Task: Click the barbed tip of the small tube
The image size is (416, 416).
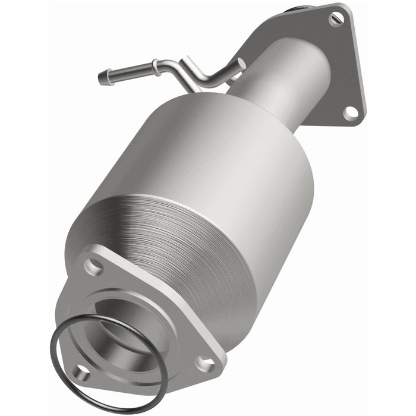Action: (x=104, y=77)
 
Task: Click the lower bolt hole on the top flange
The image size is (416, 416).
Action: (x=351, y=111)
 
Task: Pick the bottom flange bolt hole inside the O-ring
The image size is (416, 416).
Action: (x=82, y=373)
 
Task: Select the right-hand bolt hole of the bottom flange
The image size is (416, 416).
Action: (x=204, y=361)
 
